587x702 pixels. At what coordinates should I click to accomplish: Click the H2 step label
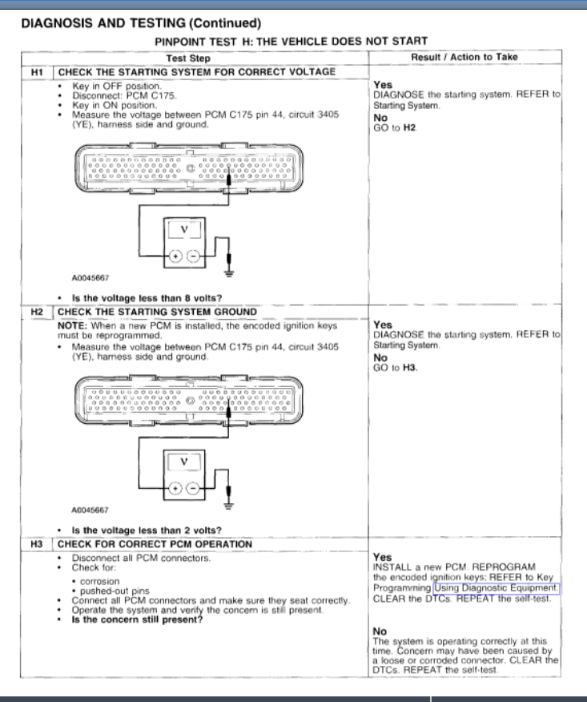click(34, 312)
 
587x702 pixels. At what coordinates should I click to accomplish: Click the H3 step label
click(34, 544)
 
